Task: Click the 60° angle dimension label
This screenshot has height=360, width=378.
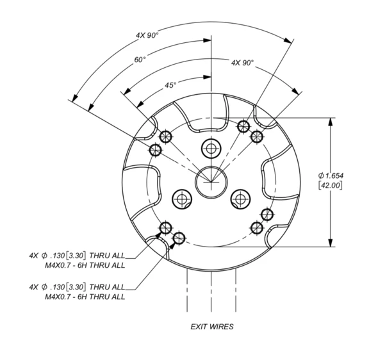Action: pos(140,60)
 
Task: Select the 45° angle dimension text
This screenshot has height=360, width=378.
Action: pos(170,85)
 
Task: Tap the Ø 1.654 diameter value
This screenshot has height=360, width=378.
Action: pos(331,176)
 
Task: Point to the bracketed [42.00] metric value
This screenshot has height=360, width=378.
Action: pos(330,185)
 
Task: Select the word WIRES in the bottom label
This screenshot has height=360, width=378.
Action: pos(222,327)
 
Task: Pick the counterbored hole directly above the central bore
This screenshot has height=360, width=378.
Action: pos(211,148)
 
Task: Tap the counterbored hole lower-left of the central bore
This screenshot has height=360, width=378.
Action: pos(182,199)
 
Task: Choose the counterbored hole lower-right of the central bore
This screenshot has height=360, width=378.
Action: pos(240,199)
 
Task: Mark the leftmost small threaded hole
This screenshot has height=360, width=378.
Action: pos(155,150)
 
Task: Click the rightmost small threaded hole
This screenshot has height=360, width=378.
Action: pos(267,214)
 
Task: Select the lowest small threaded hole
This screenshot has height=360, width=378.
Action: pos(179,238)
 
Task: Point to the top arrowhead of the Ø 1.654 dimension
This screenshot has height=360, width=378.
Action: pos(331,122)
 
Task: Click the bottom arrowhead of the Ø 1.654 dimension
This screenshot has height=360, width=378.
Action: pos(331,243)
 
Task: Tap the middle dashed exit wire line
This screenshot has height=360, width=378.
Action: pos(211,291)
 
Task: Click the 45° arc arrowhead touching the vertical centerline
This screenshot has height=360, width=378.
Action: pos(207,77)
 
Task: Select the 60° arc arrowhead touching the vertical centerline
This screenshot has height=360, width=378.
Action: pos(207,40)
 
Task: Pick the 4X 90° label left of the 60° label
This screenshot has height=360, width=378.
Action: pos(147,35)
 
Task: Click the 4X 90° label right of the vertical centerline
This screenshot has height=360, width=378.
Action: pos(243,63)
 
